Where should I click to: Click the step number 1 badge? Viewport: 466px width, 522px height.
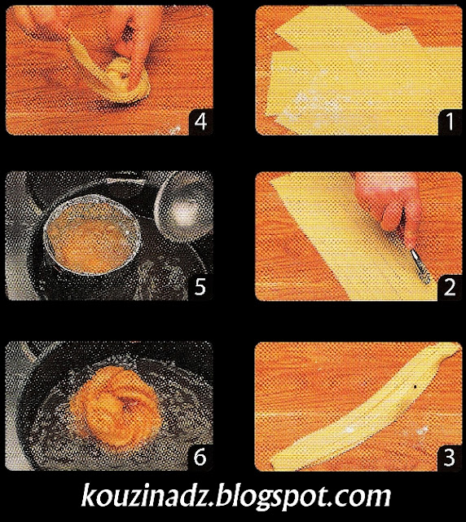pyautogui.click(x=450, y=122)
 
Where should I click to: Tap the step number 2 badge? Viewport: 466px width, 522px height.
pyautogui.click(x=450, y=288)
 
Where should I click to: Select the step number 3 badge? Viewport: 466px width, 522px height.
pyautogui.click(x=450, y=458)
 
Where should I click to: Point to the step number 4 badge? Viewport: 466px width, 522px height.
pyautogui.click(x=200, y=122)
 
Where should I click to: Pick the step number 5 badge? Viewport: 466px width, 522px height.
pyautogui.click(x=200, y=288)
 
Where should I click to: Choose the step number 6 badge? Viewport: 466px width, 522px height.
pyautogui.click(x=200, y=458)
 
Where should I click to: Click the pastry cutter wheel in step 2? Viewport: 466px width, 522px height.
pyautogui.click(x=420, y=267)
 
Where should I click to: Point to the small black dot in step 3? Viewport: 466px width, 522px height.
pyautogui.click(x=415, y=387)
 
